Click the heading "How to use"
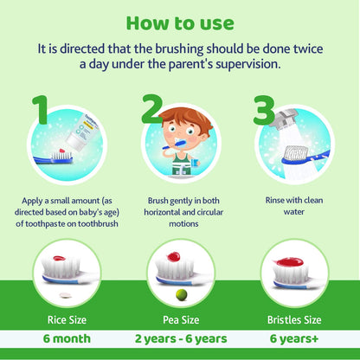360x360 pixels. (180, 20)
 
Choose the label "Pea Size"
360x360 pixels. (180, 318)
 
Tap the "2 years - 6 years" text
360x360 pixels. (180, 338)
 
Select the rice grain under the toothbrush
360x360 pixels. (60, 295)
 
